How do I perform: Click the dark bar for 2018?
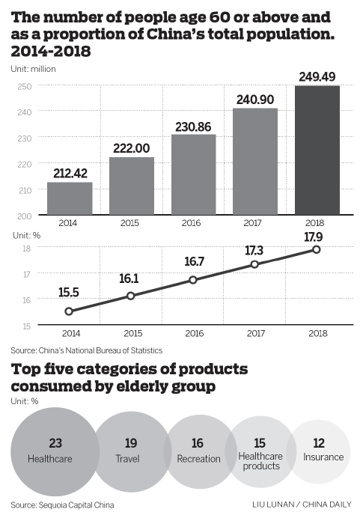point(317,150)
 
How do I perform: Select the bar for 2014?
point(70,198)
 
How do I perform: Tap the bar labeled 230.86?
point(194,174)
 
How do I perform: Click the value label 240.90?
point(255,100)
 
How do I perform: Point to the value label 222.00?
point(132,148)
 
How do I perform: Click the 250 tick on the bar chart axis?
point(25,86)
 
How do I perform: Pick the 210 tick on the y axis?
point(25,190)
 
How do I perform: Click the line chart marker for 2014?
point(69,311)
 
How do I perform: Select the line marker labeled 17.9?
point(317,249)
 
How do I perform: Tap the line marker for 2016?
point(193,280)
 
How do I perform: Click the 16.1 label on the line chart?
point(129,278)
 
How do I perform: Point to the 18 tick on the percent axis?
point(26,249)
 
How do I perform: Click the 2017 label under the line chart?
point(256,333)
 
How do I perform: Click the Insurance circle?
point(318,451)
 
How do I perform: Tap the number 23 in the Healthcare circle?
point(55,443)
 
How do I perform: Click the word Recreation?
point(198,459)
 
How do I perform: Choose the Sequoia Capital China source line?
point(62,505)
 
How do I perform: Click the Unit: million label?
point(33,69)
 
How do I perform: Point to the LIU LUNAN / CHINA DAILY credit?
point(302,505)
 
